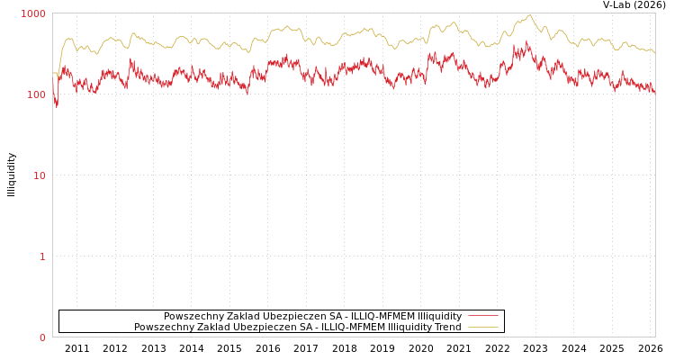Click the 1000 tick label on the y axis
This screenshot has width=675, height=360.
(33, 14)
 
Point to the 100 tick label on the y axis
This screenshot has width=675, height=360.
(36, 95)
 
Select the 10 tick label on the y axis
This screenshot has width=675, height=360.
(39, 176)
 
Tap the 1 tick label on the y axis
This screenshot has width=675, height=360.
(41, 257)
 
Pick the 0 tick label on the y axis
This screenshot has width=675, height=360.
(41, 338)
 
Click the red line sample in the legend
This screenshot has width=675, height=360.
(482, 317)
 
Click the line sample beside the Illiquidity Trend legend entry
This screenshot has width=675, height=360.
(482, 328)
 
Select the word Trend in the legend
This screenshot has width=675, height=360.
(446, 328)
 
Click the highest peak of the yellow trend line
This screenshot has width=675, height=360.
(530, 15)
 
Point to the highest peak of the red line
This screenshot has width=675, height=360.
(527, 40)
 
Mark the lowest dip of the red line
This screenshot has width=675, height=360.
(57, 107)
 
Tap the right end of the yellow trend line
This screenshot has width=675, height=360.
(654, 52)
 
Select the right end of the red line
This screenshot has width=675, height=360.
(654, 93)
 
